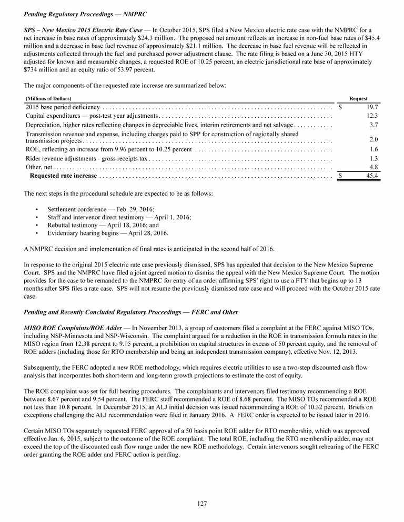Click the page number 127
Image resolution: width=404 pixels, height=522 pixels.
(x=202, y=504)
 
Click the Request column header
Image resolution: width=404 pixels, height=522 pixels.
(x=358, y=98)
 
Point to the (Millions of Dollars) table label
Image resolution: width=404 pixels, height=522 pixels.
(x=48, y=98)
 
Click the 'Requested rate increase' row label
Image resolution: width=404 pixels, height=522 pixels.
(x=64, y=176)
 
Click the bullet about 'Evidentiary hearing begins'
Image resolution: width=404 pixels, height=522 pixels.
(x=108, y=233)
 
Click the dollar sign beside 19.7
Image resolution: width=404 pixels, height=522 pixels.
(x=340, y=107)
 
